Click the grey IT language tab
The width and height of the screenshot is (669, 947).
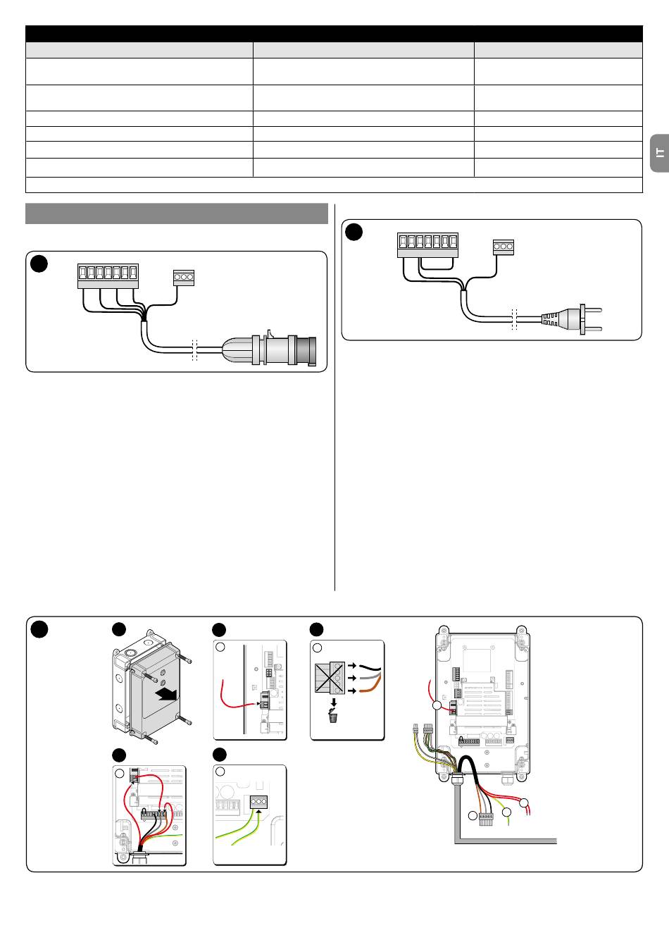[x=659, y=153]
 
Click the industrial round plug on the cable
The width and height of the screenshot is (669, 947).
[x=269, y=349]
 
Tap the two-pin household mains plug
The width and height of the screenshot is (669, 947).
[x=571, y=318]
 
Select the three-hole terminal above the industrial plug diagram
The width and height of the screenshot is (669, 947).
[x=184, y=278]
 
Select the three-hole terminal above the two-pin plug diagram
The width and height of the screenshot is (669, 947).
[x=504, y=247]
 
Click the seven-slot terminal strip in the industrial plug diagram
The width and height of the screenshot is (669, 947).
[x=108, y=276]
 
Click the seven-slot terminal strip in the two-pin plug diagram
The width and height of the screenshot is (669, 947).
[x=427, y=245]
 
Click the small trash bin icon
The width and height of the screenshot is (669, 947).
[x=333, y=718]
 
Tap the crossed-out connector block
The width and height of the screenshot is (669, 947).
[x=330, y=677]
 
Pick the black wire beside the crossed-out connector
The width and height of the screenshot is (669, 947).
[x=370, y=667]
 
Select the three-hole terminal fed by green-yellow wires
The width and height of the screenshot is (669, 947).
[x=258, y=802]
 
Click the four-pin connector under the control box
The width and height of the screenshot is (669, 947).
[x=486, y=819]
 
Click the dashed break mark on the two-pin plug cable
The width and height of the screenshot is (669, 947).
[x=514, y=318]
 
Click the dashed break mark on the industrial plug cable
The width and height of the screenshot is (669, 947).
[x=194, y=349]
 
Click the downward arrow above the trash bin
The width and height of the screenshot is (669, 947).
[x=334, y=702]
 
